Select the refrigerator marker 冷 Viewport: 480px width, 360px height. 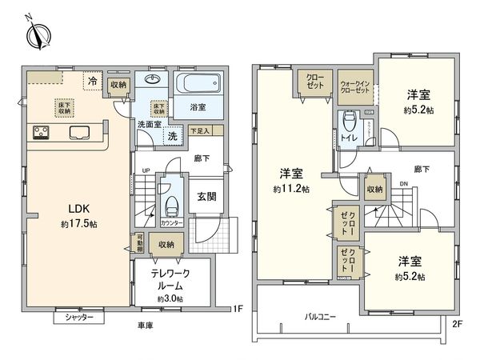[x=93, y=81]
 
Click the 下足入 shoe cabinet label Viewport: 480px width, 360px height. [x=201, y=130]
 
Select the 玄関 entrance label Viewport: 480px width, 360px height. [x=206, y=196]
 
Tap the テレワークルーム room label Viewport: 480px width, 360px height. [x=170, y=279]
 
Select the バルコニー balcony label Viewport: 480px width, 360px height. [x=320, y=316]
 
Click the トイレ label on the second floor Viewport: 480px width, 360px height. [x=349, y=138]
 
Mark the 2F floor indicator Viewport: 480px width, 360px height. [x=458, y=323]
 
